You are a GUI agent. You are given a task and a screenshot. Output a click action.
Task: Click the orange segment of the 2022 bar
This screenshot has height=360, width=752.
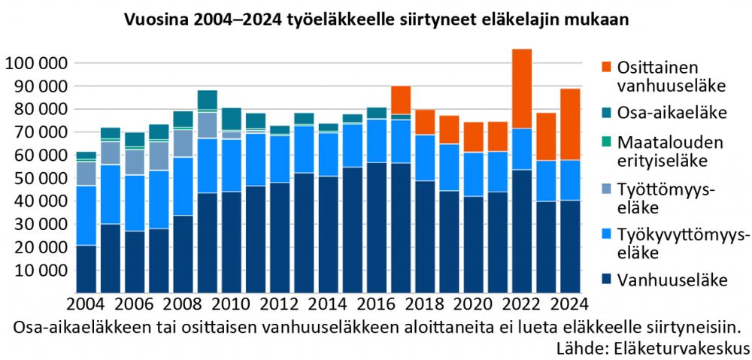coord(521,89)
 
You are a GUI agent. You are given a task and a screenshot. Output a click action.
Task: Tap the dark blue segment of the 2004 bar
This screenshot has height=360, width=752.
coord(86,268)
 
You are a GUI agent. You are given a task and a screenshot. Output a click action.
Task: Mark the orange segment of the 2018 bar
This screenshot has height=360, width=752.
coord(425,122)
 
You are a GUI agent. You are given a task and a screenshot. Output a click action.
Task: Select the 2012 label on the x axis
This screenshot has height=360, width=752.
coord(280,304)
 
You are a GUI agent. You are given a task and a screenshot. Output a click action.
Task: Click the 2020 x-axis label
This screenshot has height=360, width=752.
coord(473,304)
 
